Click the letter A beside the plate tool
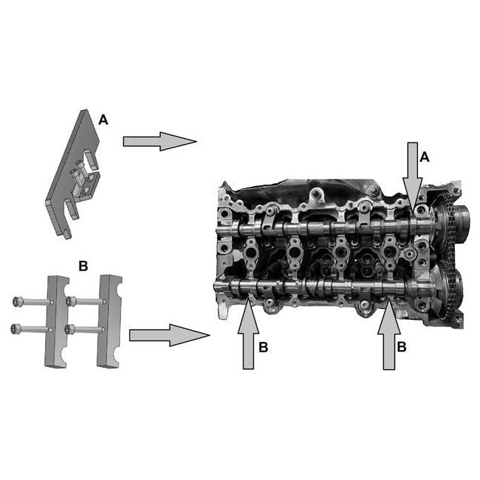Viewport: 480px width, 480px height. [103, 120]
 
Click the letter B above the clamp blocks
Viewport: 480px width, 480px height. [83, 266]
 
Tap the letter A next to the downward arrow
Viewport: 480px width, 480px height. [425, 157]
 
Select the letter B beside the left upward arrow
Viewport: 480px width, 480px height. [264, 347]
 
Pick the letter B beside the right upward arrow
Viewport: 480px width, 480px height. [401, 347]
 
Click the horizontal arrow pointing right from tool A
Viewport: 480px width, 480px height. [160, 142]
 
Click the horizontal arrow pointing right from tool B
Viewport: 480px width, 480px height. [169, 335]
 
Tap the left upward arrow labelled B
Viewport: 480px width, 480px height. [248, 334]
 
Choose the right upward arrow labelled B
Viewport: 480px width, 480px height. [388, 335]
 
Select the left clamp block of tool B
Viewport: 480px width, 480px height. [57, 321]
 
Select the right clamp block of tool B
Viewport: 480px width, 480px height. [109, 321]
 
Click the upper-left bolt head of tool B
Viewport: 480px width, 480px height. [17, 302]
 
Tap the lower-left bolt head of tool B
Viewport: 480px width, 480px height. [14, 329]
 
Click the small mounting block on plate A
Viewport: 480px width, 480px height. [86, 186]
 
